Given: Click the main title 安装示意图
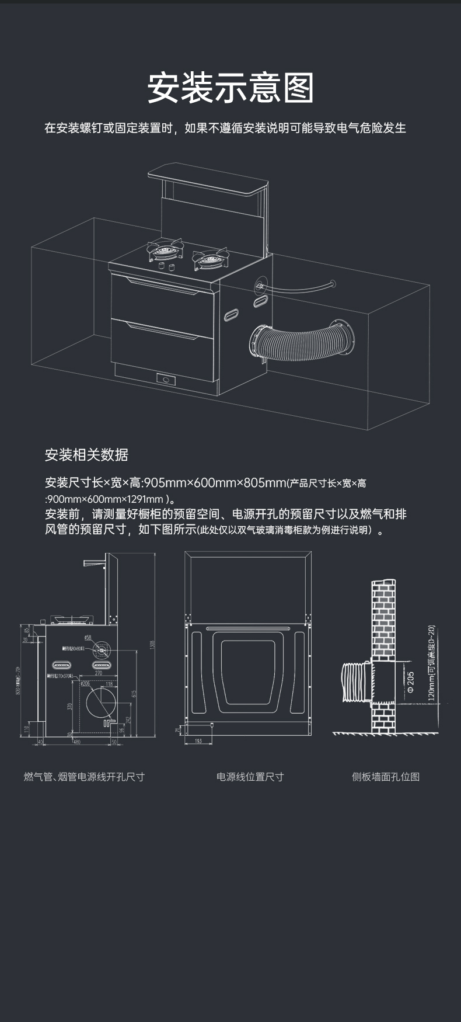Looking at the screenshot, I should coord(230,88).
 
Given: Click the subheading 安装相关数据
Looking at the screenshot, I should coord(86,454).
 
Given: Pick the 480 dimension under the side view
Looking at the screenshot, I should coord(76,742).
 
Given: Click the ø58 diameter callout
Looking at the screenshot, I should coord(87,638).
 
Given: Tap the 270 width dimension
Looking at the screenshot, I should coord(99,673).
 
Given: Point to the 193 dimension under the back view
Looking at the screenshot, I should coord(198,741).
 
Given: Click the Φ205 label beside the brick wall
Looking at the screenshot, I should coord(410,682).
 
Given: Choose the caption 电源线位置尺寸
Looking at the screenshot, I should coord(250,777).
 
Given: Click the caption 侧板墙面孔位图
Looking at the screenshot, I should coord(386,777).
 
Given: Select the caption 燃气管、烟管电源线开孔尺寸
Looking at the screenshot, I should coord(84,777).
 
